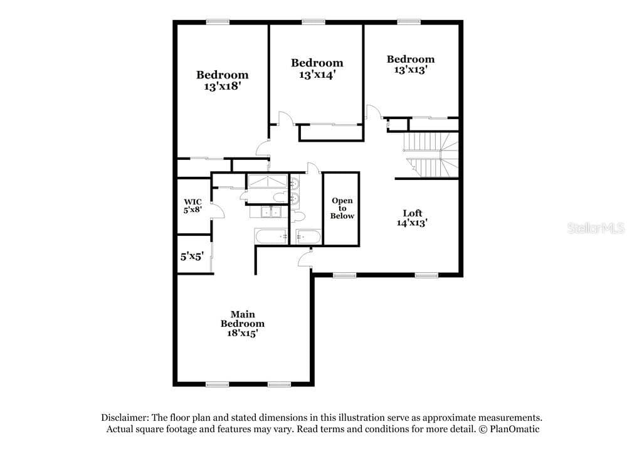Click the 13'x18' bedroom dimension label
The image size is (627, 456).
(x=222, y=86)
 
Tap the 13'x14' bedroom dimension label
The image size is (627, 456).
(x=317, y=75)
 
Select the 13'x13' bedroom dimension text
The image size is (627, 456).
(x=411, y=70)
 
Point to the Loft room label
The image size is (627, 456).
(x=413, y=213)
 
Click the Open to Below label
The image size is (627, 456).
(x=342, y=208)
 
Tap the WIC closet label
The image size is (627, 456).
(x=192, y=201)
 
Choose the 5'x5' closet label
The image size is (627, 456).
(x=192, y=256)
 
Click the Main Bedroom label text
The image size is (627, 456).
(x=243, y=319)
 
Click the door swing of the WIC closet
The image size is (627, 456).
(x=218, y=211)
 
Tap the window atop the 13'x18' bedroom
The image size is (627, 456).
(x=218, y=23)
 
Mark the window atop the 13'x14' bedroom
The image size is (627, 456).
(x=313, y=23)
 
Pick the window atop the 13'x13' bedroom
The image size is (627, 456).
(x=409, y=23)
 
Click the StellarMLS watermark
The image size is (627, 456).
(x=596, y=228)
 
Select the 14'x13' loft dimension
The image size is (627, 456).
(x=413, y=223)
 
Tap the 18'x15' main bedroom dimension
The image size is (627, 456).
(x=242, y=333)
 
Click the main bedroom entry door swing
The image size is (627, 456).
(x=305, y=258)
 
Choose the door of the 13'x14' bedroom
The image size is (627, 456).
(x=286, y=119)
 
